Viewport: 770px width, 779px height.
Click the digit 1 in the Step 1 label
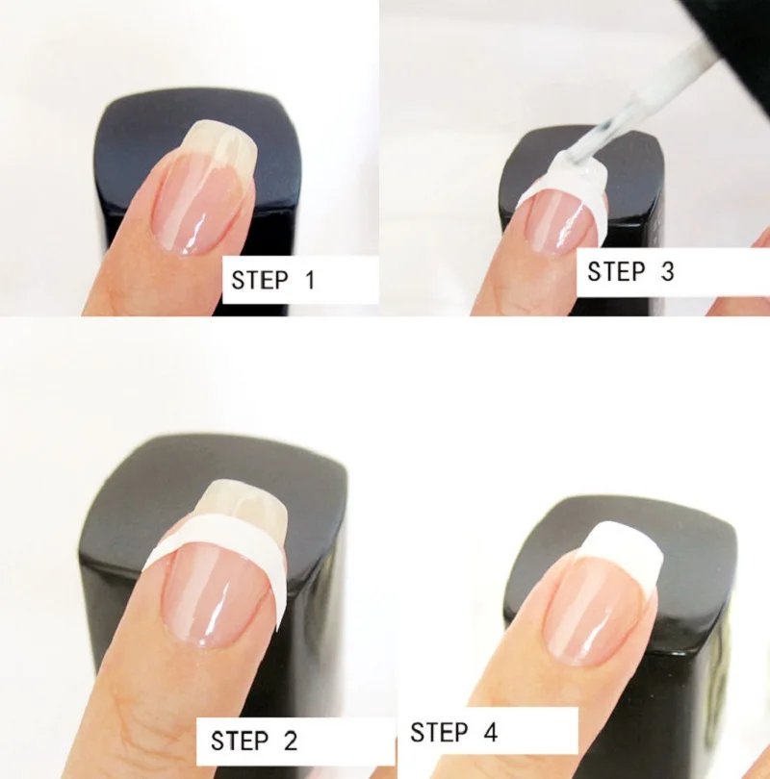[310, 280]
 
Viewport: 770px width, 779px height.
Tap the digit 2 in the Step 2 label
[291, 741]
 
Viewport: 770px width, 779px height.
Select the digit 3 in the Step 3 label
[667, 271]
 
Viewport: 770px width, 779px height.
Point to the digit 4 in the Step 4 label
[490, 732]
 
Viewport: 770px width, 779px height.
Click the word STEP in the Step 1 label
[260, 280]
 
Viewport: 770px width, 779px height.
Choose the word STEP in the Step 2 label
[239, 741]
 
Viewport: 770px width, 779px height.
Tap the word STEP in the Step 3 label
[616, 271]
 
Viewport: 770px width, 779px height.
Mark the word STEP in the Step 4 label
[439, 732]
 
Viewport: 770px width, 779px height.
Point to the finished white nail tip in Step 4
[622, 544]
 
